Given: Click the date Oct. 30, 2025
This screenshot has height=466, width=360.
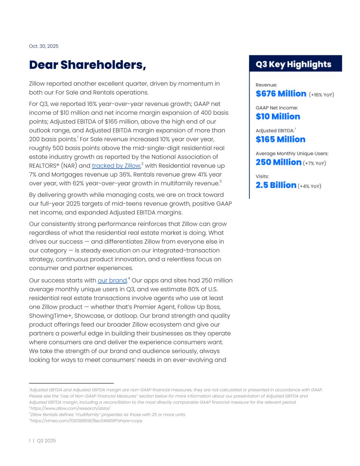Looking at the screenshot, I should (44, 46).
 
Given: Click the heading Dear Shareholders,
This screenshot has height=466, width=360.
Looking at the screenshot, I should (87, 65).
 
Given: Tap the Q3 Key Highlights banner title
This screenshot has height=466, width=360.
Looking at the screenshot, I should (293, 64).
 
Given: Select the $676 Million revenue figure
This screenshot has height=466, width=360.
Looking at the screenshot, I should (281, 94).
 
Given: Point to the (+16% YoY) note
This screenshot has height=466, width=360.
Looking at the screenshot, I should (321, 95).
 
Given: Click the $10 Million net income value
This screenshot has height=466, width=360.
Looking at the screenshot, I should (278, 116).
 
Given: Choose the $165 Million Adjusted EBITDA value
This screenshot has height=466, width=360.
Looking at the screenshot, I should (280, 139).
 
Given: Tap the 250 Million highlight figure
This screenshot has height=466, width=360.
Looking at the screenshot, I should (278, 162).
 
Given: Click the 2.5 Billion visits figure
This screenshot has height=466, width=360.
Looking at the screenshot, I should (276, 185).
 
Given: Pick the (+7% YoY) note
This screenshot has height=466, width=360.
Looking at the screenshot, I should (314, 163).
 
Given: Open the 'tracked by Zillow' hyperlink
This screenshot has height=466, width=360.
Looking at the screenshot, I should (116, 166).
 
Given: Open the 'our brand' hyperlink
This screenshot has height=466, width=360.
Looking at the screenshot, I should (112, 280).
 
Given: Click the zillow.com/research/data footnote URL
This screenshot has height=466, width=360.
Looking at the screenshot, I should (70, 408).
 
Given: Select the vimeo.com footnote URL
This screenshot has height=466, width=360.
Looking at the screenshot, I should (86, 421).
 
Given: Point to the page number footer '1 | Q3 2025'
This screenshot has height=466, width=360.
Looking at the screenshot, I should (42, 441).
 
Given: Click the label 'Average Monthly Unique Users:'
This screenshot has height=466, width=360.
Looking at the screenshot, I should (292, 154).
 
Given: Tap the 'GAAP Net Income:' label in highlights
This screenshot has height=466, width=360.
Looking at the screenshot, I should (277, 108).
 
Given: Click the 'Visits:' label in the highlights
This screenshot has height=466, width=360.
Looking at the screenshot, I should (262, 176).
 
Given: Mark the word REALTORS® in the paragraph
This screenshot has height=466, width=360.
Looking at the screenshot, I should (44, 166).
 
